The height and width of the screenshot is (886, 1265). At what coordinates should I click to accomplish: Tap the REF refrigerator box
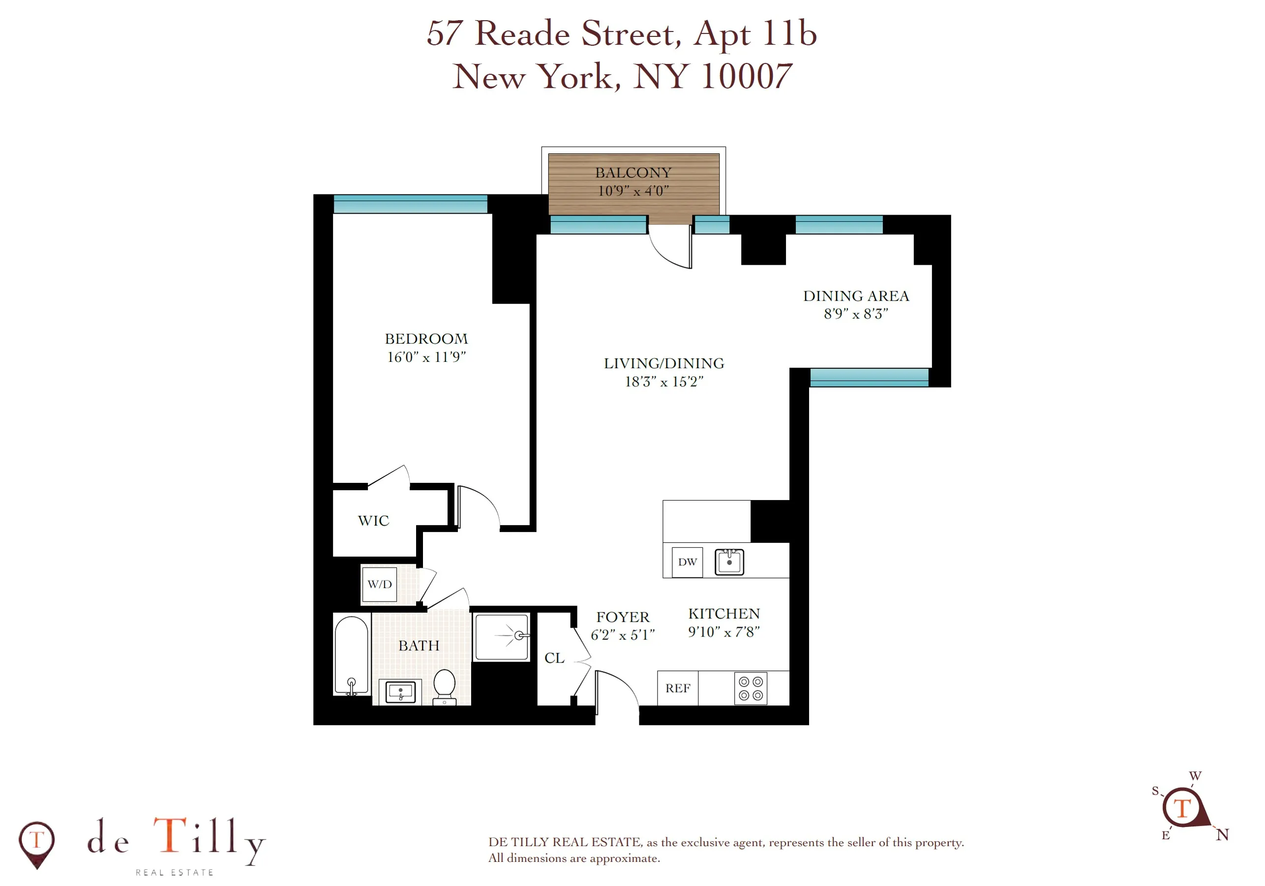[x=677, y=688]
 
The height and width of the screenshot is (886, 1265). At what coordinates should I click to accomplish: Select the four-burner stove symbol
[x=751, y=689]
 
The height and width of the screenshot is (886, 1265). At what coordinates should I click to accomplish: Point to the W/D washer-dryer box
[x=380, y=584]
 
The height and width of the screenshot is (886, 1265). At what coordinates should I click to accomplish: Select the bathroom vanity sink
[x=400, y=692]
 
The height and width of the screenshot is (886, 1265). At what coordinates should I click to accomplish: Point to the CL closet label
[x=554, y=658]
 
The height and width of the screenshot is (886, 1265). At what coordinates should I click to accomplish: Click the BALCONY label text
[x=633, y=173]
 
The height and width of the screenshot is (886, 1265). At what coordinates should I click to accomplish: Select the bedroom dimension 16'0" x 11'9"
[x=426, y=357]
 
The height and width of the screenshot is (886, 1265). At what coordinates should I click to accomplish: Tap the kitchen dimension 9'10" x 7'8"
[x=723, y=632]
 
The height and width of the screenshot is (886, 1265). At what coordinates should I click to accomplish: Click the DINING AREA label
[x=856, y=296]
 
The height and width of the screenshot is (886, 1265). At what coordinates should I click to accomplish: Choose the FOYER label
[x=623, y=617]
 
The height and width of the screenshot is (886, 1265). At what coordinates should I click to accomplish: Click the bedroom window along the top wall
[x=411, y=204]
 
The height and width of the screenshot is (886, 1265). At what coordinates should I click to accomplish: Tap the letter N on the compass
[x=1222, y=835]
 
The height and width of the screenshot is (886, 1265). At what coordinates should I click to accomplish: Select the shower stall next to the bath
[x=501, y=636]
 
